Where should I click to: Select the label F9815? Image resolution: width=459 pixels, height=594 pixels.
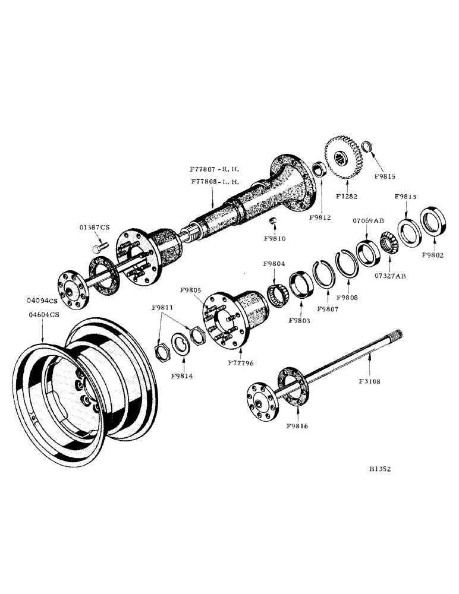pos(384,176)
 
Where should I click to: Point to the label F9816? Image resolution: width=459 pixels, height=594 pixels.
pos(297,426)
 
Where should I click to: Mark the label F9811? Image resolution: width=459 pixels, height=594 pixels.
pos(162,308)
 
